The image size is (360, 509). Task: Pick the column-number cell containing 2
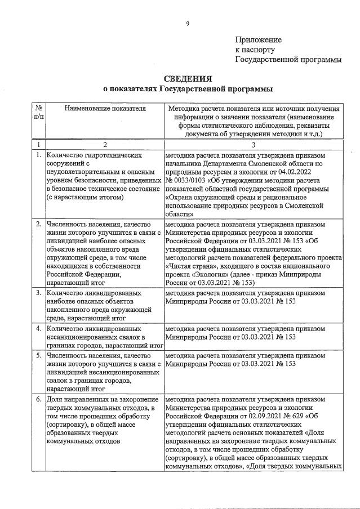coord(105,144)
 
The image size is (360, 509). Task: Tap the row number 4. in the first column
coord(38,328)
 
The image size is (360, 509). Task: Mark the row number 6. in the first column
coord(38,398)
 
